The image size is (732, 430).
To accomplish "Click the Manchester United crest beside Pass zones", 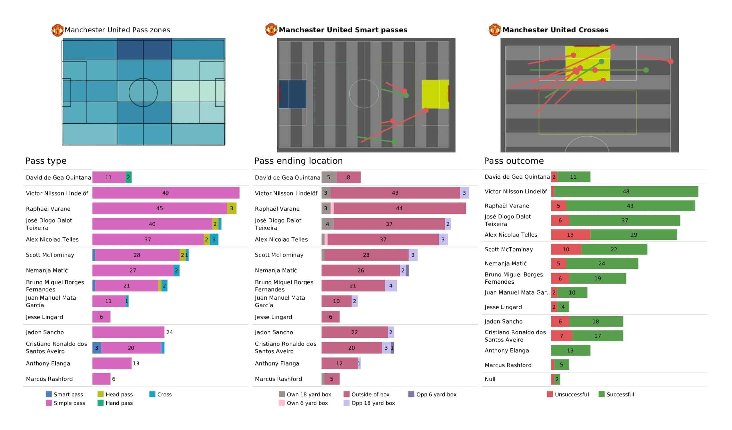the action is point(57,30).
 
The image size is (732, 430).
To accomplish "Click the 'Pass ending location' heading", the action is point(298,161).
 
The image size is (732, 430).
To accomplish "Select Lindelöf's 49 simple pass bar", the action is point(166,193).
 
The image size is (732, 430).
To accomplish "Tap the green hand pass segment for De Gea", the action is point(128,177).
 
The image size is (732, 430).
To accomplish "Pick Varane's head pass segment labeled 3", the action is point(232,208).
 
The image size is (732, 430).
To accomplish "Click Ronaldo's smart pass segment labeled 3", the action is point(97,348).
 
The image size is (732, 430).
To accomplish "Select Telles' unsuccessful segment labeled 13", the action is point(570,235).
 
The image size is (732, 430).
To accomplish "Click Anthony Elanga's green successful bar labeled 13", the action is point(570,351).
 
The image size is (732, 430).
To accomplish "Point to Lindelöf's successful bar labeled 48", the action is point(626,192).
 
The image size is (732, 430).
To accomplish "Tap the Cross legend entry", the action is point(160,394).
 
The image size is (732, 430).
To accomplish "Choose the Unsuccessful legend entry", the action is point(568,394).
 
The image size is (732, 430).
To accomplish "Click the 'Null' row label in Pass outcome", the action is point(490,379).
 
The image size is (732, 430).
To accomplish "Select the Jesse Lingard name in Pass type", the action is point(44,317).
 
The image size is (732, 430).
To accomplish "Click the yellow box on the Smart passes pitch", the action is point(435,94).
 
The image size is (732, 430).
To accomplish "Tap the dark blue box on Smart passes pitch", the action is point(293,94).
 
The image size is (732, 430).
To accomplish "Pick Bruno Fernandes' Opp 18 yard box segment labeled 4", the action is point(391,286).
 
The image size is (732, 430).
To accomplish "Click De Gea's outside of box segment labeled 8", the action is point(349,177).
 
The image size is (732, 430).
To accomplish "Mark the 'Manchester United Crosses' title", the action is point(555,30).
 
